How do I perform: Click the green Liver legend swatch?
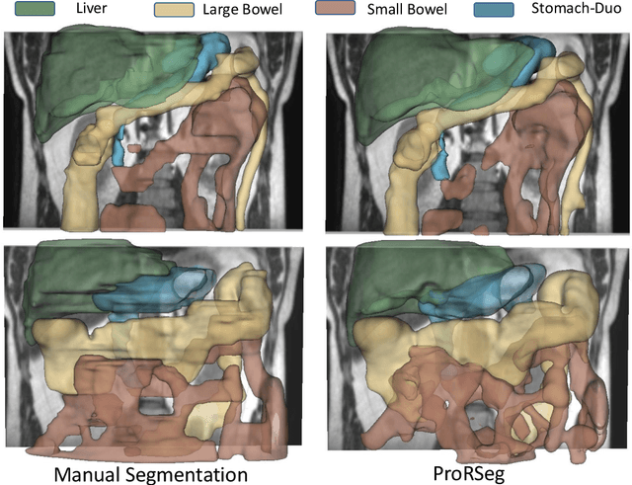point(34,12)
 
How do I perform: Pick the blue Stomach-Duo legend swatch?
point(493,12)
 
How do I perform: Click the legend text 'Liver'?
point(90,9)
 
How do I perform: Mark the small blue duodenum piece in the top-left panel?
point(119,148)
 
